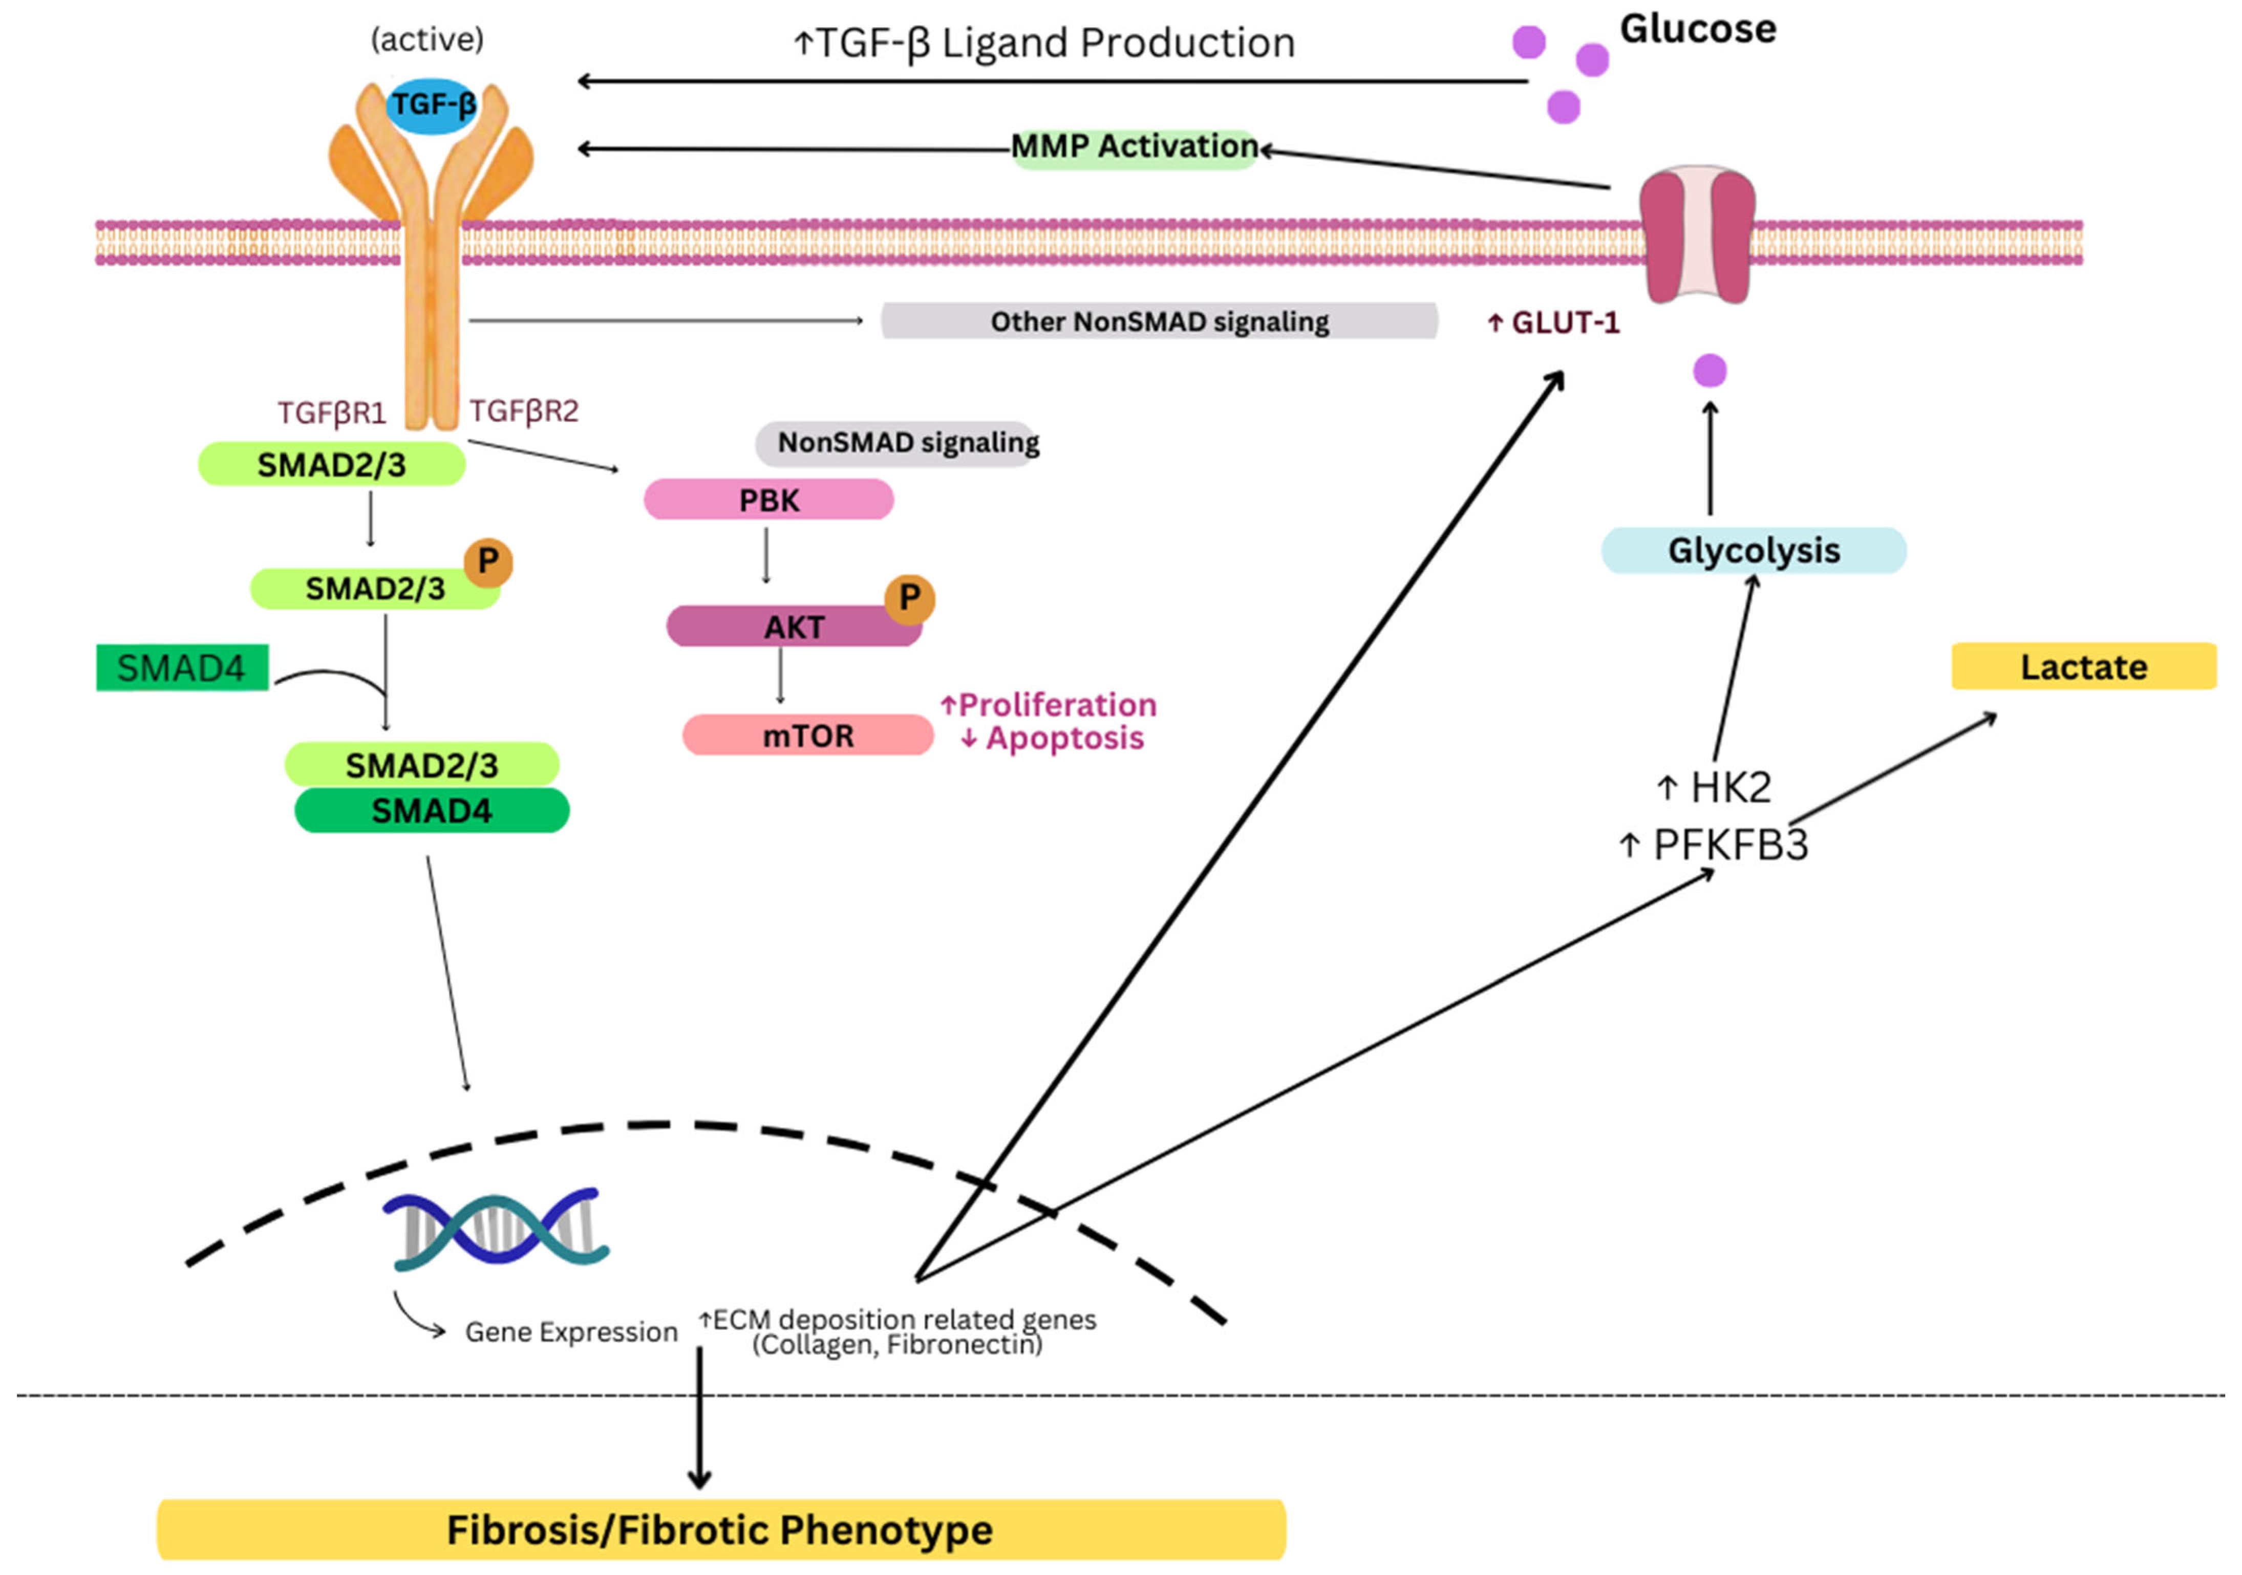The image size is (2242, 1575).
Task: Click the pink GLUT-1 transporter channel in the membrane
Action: tap(1696, 234)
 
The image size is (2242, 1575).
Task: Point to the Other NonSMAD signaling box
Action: tap(1159, 321)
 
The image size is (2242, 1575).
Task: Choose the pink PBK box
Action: tap(768, 500)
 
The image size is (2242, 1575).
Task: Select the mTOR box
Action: tap(807, 735)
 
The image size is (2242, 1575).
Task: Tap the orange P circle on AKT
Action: tap(909, 597)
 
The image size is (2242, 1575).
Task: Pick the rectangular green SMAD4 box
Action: tap(182, 668)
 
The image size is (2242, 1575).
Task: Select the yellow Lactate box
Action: tap(2083, 667)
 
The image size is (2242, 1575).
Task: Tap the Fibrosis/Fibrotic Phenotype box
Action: tap(721, 1529)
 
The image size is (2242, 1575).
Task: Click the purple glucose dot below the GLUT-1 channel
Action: tap(1709, 371)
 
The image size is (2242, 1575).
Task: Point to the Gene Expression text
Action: tap(571, 1332)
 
